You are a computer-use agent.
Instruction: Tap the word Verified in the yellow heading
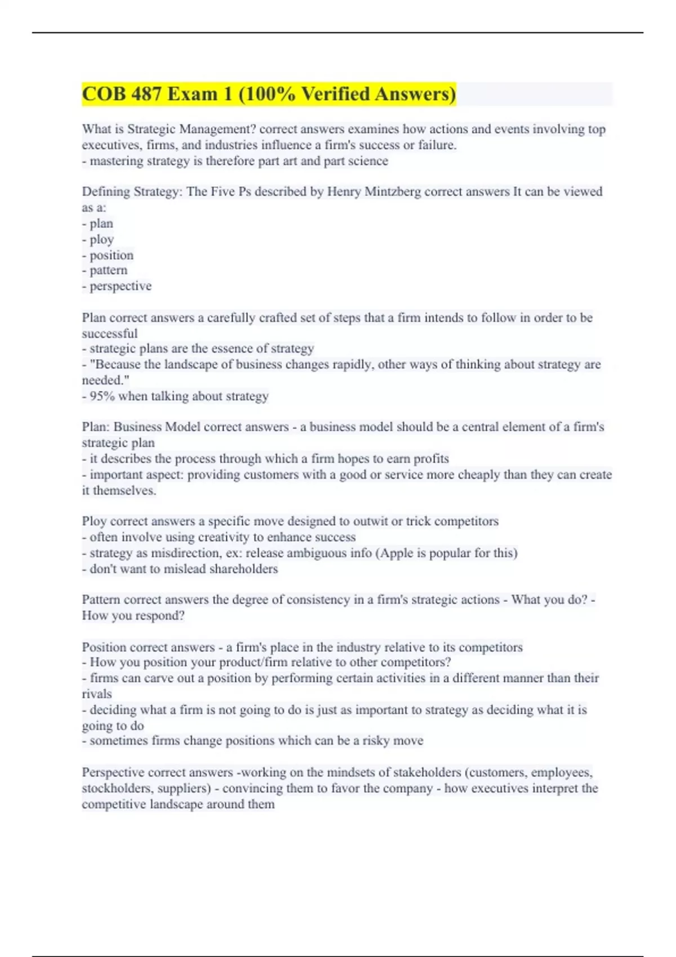[335, 94]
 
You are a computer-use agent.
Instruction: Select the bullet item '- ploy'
[98, 239]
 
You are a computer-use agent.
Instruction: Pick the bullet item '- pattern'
[105, 270]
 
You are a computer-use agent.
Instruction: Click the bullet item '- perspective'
[117, 286]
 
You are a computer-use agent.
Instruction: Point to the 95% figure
[102, 396]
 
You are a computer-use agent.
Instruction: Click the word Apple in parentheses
[397, 553]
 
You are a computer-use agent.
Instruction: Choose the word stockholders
[116, 788]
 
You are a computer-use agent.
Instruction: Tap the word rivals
[97, 694]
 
